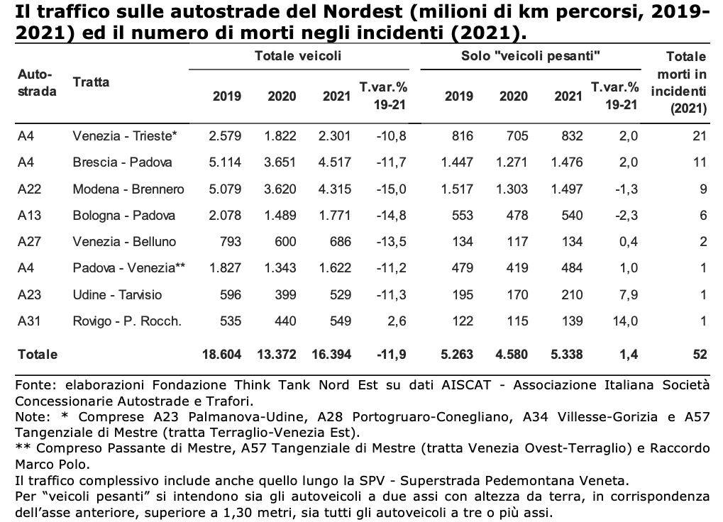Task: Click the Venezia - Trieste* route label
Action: click(124, 136)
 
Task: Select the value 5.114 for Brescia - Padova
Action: click(225, 162)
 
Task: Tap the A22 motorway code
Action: click(30, 189)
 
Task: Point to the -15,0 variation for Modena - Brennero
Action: click(390, 189)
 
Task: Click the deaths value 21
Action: click(700, 136)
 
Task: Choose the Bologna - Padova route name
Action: click(124, 215)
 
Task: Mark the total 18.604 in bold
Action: click(222, 355)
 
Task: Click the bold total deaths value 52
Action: click(700, 355)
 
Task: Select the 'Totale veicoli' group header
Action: click(298, 56)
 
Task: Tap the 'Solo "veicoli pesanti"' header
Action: click(530, 56)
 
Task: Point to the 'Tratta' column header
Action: click(91, 82)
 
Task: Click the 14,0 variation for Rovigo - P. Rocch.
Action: click(625, 321)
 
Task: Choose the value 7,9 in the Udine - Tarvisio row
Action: click(629, 294)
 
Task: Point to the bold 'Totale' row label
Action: click(38, 355)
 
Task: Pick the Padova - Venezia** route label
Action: click(128, 267)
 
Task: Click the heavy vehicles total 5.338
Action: click(567, 355)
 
